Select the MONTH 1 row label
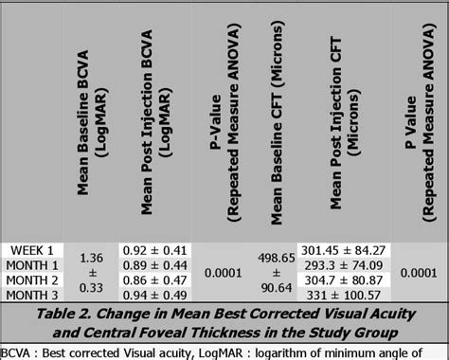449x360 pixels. click(30, 264)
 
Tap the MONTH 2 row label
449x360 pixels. click(30, 280)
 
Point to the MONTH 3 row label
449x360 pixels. click(30, 297)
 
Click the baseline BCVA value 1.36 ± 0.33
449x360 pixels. click(91, 273)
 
